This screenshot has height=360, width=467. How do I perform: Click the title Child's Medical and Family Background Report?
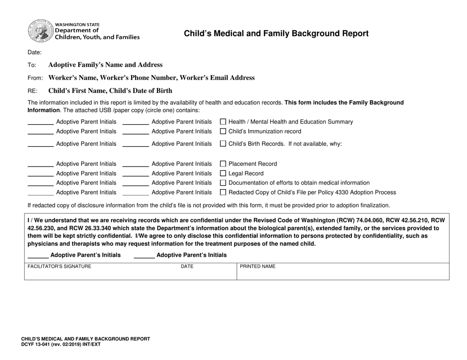coord(276,34)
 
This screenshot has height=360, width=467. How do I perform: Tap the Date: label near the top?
coord(34,53)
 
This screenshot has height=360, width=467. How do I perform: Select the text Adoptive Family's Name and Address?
coord(105,65)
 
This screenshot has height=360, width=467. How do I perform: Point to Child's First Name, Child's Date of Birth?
coord(110,90)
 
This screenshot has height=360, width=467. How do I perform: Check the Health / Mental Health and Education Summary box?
coord(223,122)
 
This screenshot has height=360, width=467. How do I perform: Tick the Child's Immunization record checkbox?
coord(223,131)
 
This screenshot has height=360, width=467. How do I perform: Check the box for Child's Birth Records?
coord(223,144)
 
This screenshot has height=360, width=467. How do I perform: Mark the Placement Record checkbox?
coord(223,164)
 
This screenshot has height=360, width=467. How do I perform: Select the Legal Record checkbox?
coord(223,173)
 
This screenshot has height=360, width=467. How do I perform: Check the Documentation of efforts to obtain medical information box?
coord(223,183)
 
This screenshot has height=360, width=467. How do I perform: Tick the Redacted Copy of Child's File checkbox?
coord(223,193)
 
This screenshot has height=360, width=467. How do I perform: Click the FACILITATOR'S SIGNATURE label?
coord(59,267)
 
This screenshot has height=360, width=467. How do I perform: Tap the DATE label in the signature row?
coord(187,267)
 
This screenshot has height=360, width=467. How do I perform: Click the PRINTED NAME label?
coord(258,267)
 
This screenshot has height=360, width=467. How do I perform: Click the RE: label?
coord(33,91)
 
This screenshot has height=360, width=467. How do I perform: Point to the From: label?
coord(36,78)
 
